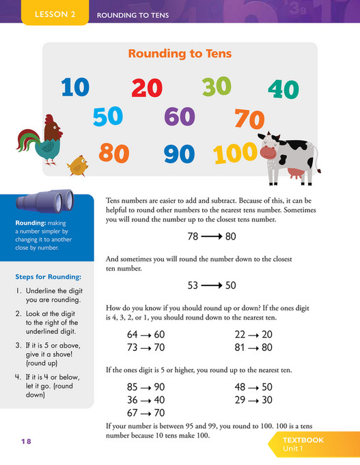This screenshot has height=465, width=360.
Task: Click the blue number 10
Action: [x=75, y=87]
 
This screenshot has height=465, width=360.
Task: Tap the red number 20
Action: [x=147, y=87]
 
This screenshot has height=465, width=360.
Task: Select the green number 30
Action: [x=217, y=86]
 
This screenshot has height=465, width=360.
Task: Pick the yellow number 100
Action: [x=235, y=154]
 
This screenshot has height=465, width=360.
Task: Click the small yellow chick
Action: [x=77, y=165]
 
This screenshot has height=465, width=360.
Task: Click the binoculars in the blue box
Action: [x=45, y=201]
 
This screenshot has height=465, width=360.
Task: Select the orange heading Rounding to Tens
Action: [x=180, y=54]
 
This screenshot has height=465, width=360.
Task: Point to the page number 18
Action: [x=26, y=442]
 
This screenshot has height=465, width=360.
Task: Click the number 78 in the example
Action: [x=194, y=238]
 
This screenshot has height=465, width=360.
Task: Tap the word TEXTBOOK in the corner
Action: [x=303, y=441]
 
